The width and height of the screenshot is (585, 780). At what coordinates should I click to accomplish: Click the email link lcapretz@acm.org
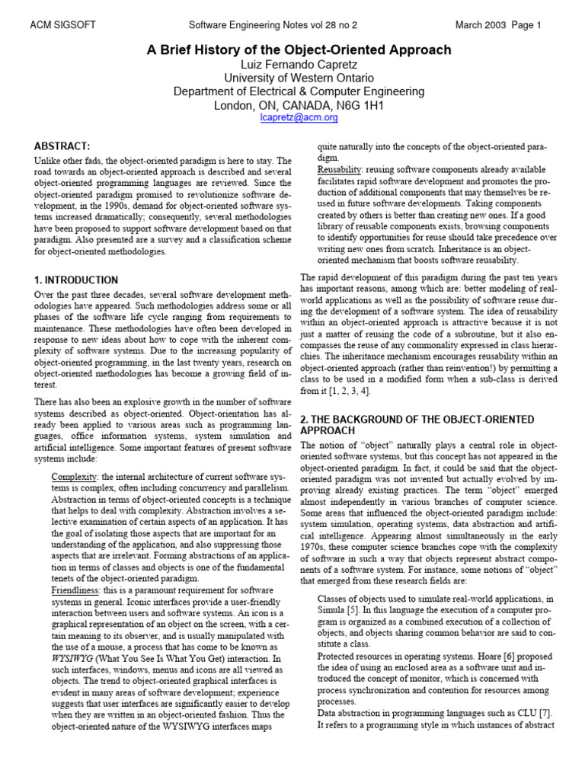(x=299, y=118)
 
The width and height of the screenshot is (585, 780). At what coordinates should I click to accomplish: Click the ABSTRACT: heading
(x=62, y=145)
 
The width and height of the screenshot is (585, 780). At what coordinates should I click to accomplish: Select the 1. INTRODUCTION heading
(x=76, y=280)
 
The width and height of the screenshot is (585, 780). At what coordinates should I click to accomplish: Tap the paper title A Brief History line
(x=299, y=50)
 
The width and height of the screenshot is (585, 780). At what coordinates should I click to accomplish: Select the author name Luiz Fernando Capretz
(x=299, y=65)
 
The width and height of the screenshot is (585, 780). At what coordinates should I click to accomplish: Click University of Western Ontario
(x=299, y=78)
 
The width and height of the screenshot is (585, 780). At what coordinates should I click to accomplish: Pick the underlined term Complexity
(x=74, y=476)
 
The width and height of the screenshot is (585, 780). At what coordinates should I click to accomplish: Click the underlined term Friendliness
(x=76, y=590)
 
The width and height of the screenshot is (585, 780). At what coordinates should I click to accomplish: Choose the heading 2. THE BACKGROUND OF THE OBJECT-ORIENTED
(x=417, y=420)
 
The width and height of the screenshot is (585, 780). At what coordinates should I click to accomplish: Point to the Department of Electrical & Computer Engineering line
(x=299, y=92)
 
